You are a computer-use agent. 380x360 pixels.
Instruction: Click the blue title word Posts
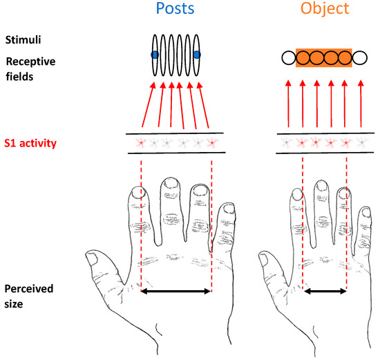pyautogui.click(x=175, y=8)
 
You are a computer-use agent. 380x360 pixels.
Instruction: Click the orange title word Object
pyautogui.click(x=325, y=9)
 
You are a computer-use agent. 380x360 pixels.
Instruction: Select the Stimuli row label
pyautogui.click(x=23, y=40)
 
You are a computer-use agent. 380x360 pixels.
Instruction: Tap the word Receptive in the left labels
pyautogui.click(x=31, y=61)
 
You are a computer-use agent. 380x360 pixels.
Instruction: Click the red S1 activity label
pyautogui.click(x=30, y=143)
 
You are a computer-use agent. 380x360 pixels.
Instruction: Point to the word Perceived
pyautogui.click(x=29, y=289)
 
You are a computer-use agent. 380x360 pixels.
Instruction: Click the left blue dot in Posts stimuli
pyautogui.click(x=155, y=55)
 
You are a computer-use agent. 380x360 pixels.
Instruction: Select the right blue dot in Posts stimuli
pyautogui.click(x=197, y=55)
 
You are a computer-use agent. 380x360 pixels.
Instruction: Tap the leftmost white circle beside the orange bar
pyautogui.click(x=289, y=58)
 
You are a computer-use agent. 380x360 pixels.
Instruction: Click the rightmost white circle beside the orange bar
pyautogui.click(x=360, y=58)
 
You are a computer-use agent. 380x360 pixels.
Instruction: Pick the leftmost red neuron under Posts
pyautogui.click(x=141, y=143)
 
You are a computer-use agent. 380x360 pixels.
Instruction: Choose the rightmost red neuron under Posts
pyautogui.click(x=212, y=143)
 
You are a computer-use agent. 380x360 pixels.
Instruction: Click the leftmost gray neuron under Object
pyautogui.click(x=287, y=143)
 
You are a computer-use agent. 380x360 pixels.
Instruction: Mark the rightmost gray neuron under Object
pyautogui.click(x=362, y=143)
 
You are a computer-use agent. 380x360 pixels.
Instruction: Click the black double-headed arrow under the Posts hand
pyautogui.click(x=176, y=291)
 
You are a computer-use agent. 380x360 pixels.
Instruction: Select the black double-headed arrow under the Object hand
pyautogui.click(x=325, y=291)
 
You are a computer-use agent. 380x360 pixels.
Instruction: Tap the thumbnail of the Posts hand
pyautogui.click(x=92, y=259)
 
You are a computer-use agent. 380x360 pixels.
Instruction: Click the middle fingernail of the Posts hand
pyautogui.click(x=171, y=184)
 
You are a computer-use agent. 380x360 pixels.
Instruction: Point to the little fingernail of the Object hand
pyautogui.click(x=366, y=212)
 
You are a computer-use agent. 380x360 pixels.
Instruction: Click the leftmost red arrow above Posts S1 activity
pyautogui.click(x=148, y=105)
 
